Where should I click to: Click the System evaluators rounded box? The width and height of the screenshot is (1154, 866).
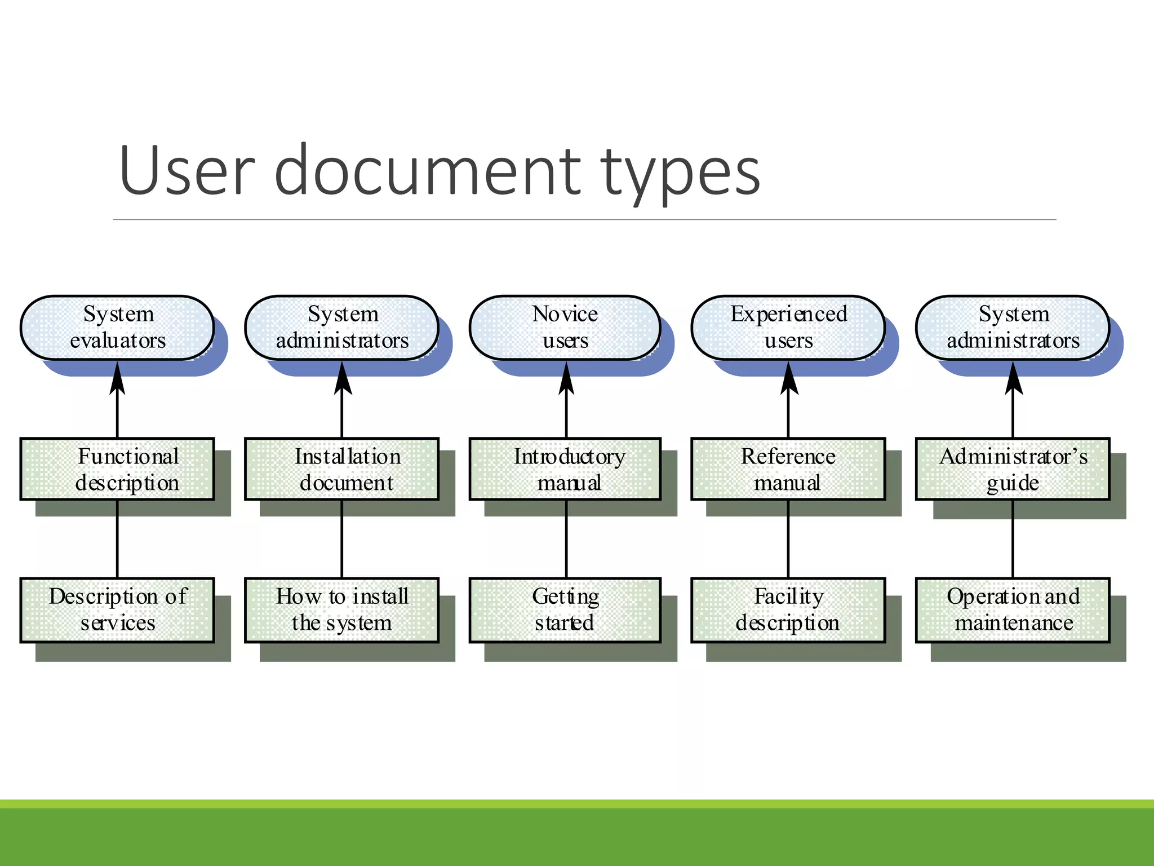point(117,328)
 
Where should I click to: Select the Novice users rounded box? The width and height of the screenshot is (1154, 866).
point(565,328)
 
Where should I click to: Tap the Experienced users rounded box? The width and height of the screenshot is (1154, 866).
point(788,328)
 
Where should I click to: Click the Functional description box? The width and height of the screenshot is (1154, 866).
point(117,469)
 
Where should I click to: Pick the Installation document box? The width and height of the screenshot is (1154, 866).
point(341,469)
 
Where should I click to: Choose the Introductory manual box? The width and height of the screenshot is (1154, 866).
point(565,469)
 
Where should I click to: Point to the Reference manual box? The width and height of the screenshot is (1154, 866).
point(788,469)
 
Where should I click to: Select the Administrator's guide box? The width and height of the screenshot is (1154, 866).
point(1013,469)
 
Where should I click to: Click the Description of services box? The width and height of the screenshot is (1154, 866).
point(117,610)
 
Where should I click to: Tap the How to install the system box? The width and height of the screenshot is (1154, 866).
point(341,610)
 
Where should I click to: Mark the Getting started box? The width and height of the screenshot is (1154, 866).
point(565,610)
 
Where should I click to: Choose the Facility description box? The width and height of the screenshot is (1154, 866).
point(788,610)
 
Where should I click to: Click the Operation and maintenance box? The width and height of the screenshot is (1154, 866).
point(1013,610)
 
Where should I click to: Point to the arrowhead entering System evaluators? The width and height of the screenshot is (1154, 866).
point(117,379)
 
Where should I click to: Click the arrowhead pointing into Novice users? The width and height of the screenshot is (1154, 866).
point(566,379)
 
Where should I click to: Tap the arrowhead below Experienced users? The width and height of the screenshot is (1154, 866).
point(789,379)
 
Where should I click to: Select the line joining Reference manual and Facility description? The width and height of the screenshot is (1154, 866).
point(788,538)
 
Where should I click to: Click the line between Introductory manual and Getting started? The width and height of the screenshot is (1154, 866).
point(566,538)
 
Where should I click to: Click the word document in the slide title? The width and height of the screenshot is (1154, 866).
point(428,171)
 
